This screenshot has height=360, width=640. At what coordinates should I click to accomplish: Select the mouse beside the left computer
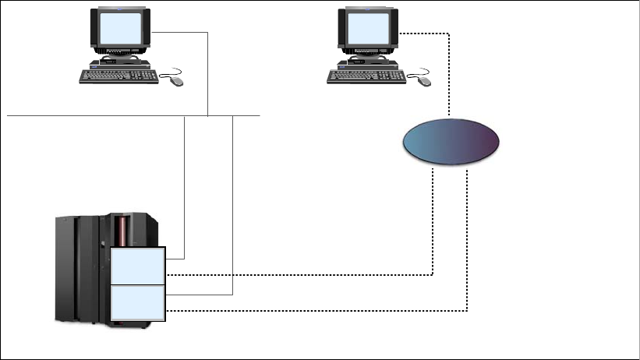(175, 79)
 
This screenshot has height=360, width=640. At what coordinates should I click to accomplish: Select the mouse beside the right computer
(423, 79)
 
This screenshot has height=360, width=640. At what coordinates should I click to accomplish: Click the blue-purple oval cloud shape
(451, 142)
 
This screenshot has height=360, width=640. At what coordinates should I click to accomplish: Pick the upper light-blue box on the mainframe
(138, 266)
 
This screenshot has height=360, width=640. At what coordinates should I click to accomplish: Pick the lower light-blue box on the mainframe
(138, 302)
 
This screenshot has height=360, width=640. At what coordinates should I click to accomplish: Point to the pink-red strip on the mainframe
(122, 231)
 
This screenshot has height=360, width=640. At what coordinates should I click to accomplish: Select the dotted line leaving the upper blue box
(312, 274)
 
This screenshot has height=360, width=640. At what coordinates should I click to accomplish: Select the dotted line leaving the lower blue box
(312, 311)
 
